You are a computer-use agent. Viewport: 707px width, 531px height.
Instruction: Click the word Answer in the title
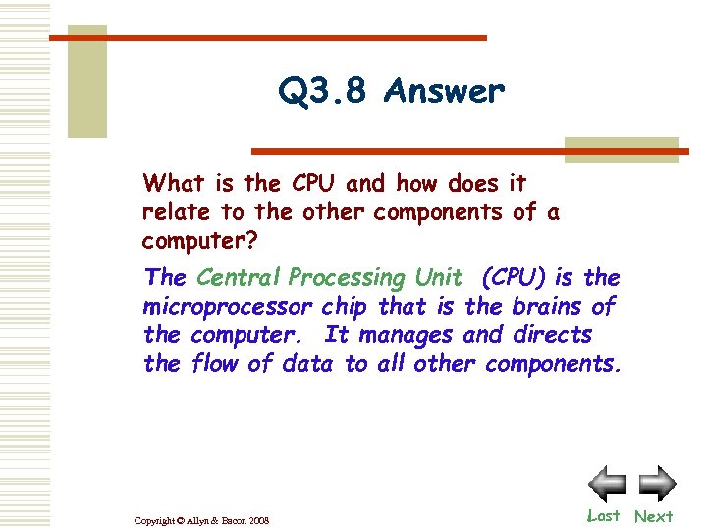pos(445,92)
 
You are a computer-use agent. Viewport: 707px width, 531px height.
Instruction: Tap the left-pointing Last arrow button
pos(607,484)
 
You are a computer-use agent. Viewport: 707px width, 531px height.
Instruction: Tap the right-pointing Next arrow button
pos(656,484)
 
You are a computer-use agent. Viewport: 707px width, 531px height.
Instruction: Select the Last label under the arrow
pos(604,516)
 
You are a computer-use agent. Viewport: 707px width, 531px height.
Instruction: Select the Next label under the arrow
pos(653,516)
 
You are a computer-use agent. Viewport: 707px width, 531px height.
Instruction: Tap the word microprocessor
pos(228,306)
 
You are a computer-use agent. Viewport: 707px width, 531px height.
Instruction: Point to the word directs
pos(553,334)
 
